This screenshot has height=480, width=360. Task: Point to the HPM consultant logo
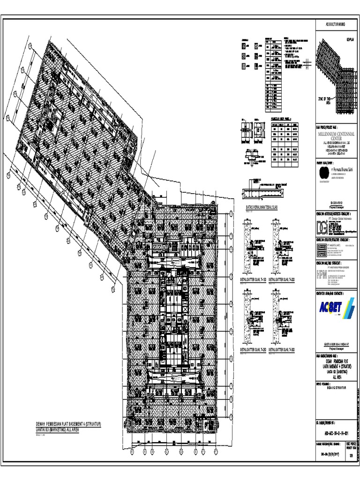(322, 274)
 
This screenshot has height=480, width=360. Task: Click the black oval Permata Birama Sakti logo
(323, 172)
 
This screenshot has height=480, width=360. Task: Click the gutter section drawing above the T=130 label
(254, 246)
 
